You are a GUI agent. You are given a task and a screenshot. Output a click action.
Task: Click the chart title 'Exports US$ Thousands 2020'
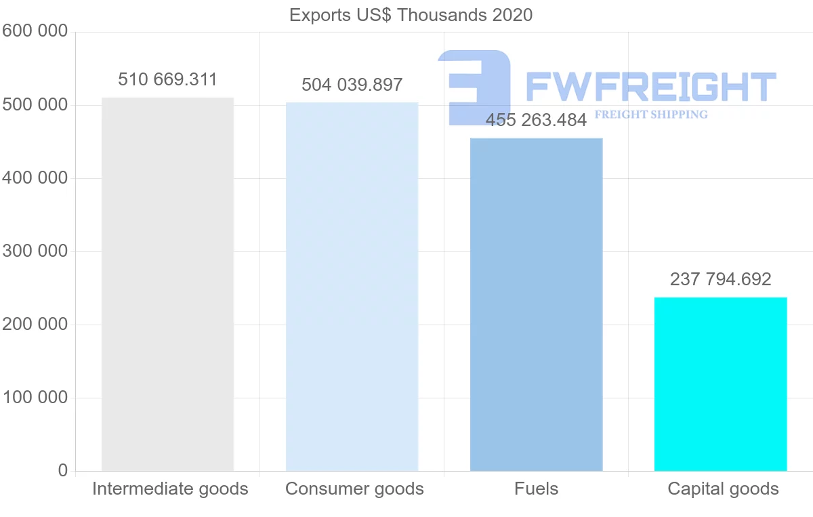tap(411, 15)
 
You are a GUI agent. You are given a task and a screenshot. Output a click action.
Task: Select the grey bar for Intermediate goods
tap(167, 285)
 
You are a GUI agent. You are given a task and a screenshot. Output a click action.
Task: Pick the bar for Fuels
tap(536, 305)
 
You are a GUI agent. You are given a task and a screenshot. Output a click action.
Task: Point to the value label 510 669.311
tap(167, 80)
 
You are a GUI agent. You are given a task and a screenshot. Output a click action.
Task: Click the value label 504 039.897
tap(352, 85)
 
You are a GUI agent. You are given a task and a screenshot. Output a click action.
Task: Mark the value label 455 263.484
tap(536, 121)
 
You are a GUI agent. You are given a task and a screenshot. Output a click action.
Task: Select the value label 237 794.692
tap(720, 279)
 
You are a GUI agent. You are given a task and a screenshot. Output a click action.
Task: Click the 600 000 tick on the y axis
tap(35, 32)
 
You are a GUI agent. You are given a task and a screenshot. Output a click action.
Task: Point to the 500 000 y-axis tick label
tap(35, 105)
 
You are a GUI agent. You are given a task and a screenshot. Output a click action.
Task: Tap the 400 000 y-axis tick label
tap(35, 178)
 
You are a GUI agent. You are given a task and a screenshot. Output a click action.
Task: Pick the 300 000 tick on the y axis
tap(35, 251)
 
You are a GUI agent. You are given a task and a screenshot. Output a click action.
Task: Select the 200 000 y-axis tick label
tap(35, 325)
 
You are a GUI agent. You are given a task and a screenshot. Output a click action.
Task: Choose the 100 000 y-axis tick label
tap(35, 398)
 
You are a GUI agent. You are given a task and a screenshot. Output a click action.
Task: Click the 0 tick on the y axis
tap(63, 471)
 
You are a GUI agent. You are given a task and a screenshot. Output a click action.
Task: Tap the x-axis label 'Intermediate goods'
tap(170, 489)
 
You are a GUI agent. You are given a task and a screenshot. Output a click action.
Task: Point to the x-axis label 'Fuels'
tap(536, 489)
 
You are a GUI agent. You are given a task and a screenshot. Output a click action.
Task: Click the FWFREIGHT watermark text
tap(650, 87)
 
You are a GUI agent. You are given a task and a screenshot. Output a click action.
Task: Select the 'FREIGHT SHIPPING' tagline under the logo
tap(650, 115)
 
